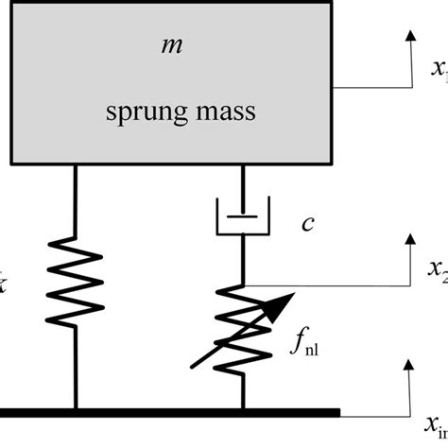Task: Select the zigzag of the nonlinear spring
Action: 244,321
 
